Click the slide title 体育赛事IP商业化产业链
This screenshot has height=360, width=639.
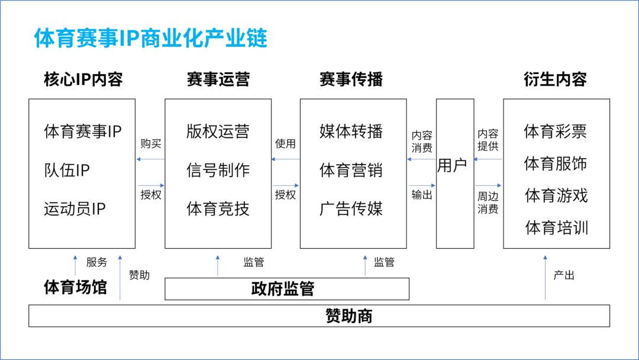pos(150,38)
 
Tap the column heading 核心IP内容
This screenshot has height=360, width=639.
pos(83,79)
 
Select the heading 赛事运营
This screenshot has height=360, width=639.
pos(218,79)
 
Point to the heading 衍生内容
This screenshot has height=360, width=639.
pos(555,79)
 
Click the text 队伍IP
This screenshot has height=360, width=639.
pos(67,171)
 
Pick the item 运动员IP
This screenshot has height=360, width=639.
pos(75,209)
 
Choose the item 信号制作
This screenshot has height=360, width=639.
pos(218,171)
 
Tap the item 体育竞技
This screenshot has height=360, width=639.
pos(218,209)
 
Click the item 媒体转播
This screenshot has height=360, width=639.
pos(351,131)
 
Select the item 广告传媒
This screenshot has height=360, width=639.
pos(351,209)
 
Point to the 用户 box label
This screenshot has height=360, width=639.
pos(452,166)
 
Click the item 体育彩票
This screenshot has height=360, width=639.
pos(555,131)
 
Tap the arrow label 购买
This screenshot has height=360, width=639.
pos(151,144)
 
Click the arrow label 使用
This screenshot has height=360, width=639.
pos(285,144)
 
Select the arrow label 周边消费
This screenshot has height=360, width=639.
pos(488,202)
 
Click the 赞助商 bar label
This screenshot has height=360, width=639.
pos(348,316)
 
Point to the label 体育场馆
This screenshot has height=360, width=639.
pos(75,288)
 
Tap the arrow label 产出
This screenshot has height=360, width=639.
pos(564,275)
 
